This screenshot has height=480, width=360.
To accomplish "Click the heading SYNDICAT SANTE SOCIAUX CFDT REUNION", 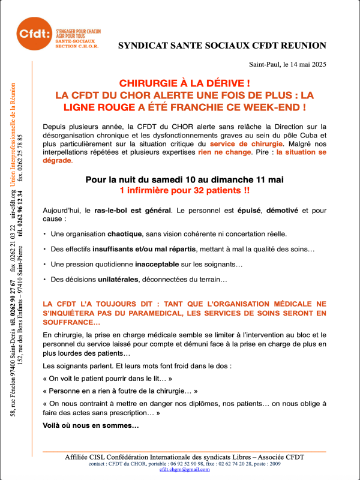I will pyautogui.click(x=222, y=46).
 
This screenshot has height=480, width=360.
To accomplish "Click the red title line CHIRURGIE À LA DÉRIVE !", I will pyautogui.click(x=184, y=83).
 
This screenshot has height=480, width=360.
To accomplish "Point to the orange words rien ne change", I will pyautogui.click(x=224, y=152).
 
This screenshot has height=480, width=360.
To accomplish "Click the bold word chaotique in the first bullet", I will pyautogui.click(x=125, y=233).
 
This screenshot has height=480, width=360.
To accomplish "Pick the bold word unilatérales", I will pyautogui.click(x=115, y=279).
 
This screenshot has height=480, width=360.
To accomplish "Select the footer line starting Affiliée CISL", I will pyautogui.click(x=185, y=457).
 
